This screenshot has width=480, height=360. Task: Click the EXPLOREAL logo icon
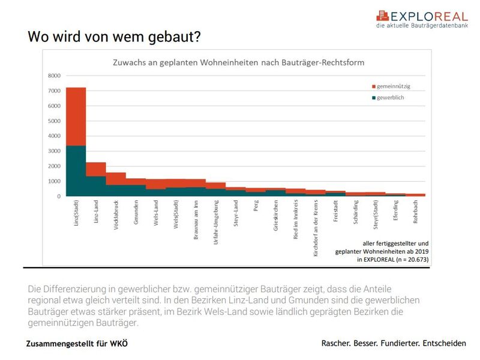(383, 16)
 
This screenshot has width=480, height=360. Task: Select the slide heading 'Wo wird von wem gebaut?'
(114, 37)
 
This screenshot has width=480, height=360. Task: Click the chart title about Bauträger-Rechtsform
(239, 62)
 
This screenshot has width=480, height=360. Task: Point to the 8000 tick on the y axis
(55, 76)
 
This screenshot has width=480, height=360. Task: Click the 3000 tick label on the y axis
(55, 151)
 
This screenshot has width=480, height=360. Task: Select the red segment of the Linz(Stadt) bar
(76, 116)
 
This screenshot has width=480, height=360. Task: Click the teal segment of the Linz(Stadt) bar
(76, 171)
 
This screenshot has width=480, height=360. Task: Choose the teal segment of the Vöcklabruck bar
(116, 190)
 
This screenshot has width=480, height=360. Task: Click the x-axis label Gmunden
(136, 215)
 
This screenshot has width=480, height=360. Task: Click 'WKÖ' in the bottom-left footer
(116, 344)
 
